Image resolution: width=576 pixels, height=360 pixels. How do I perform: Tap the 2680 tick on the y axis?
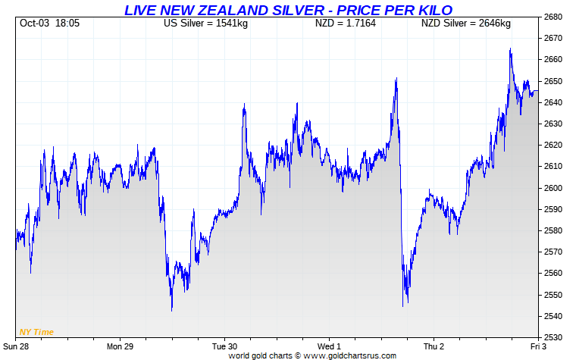point(556,17)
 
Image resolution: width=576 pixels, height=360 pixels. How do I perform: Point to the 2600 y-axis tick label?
point(556,188)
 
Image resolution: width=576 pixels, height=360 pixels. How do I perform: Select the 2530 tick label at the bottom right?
point(556,337)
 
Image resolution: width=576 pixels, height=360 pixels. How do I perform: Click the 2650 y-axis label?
point(556,81)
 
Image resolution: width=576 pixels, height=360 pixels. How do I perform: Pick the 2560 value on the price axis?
point(556,274)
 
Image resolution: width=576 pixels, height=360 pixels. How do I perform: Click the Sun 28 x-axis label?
point(17,346)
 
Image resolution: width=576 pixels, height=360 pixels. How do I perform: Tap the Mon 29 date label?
point(121,346)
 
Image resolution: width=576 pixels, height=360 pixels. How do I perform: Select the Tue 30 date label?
point(224,346)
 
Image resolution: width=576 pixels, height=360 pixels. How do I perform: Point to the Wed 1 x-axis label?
point(328,346)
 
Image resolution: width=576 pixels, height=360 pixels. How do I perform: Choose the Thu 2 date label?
point(434,346)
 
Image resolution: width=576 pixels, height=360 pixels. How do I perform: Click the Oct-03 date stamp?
point(34,23)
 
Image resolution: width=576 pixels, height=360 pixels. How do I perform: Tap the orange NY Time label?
point(36,332)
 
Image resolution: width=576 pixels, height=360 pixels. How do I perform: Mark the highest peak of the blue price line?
point(510,49)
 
